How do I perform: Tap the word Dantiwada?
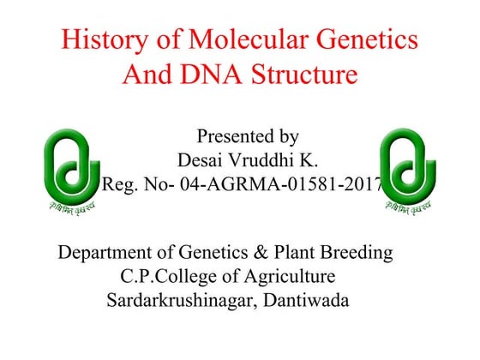click(x=309, y=300)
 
